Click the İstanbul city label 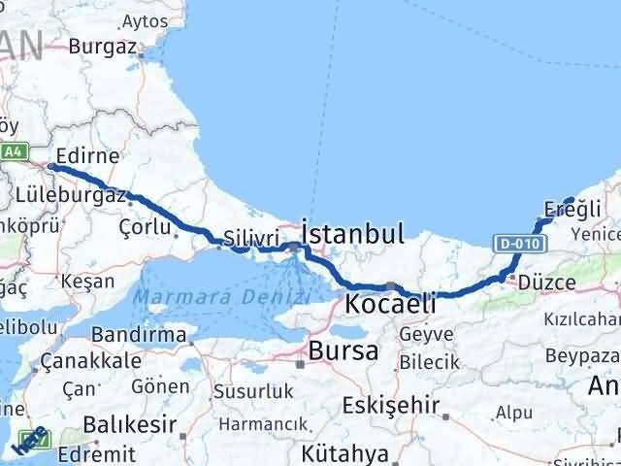pyautogui.click(x=352, y=233)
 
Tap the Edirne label pyautogui.click(x=87, y=154)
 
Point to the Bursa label pyautogui.click(x=343, y=351)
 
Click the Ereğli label pyautogui.click(x=573, y=209)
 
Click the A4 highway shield pyautogui.click(x=13, y=152)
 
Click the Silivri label pyautogui.click(x=251, y=238)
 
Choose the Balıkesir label pyautogui.click(x=129, y=424)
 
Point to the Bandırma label pyautogui.click(x=140, y=335)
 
